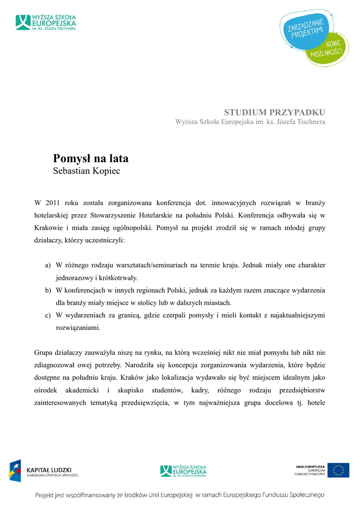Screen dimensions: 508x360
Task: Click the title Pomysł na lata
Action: point(90,159)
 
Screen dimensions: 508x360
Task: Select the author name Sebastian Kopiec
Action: point(86,172)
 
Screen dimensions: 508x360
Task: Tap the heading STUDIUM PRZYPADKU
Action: point(275,112)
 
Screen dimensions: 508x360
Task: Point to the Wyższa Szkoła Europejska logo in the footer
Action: point(183,470)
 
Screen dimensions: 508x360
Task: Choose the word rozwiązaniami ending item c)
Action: point(78,327)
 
